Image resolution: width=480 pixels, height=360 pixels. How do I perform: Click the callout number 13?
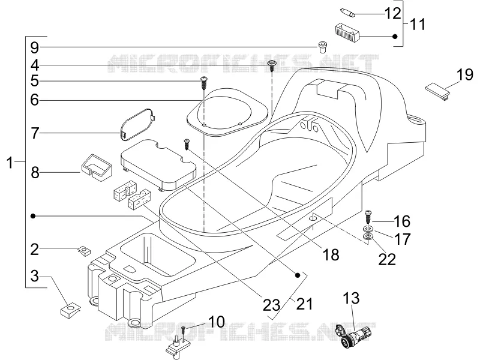click(x=351, y=298)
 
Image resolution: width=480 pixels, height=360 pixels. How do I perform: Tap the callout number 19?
click(x=464, y=74)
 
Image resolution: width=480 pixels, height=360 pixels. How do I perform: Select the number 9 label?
click(x=35, y=47)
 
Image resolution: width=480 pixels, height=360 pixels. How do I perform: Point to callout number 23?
click(x=272, y=305)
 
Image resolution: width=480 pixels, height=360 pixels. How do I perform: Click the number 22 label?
click(x=387, y=259)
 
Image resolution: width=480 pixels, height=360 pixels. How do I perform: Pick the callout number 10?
click(x=217, y=322)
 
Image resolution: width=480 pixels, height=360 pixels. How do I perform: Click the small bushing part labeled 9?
click(x=322, y=46)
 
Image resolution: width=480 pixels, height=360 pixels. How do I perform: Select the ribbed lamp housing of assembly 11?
click(x=347, y=32)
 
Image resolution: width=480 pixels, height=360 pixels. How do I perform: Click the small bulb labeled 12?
click(x=347, y=13)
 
